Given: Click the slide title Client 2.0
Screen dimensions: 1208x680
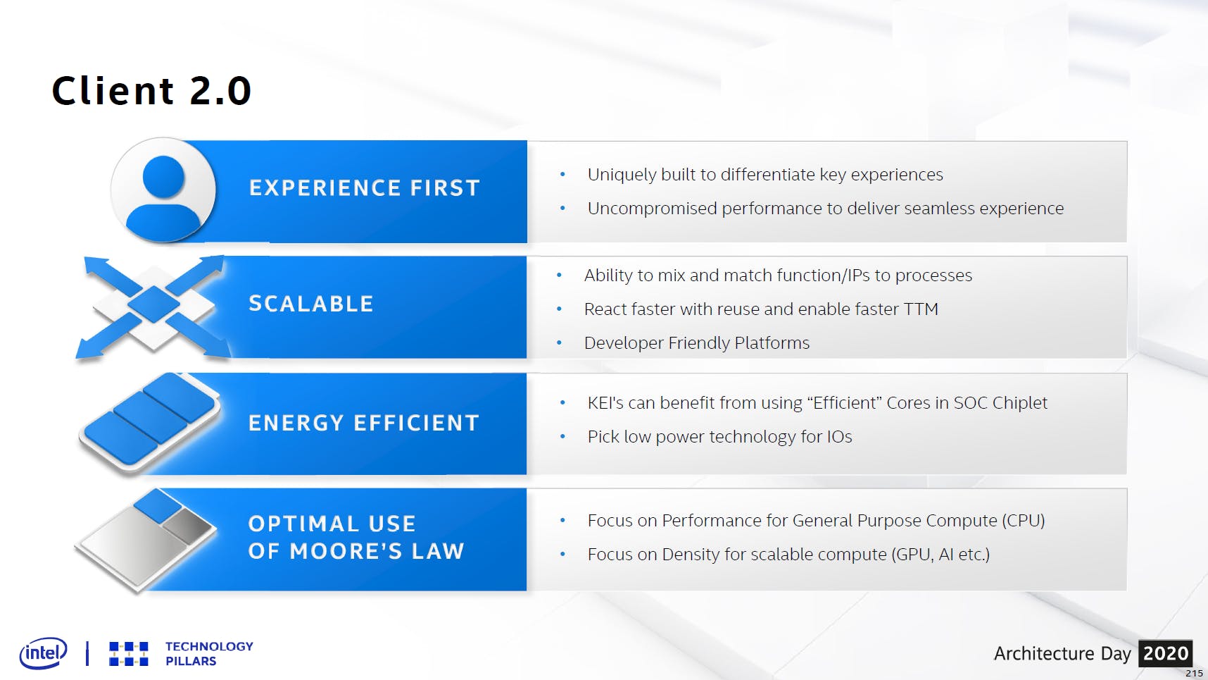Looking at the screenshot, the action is [151, 91].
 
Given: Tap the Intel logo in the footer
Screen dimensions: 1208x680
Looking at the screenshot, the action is [44, 653].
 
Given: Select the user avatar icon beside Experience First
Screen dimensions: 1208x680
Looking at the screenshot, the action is [163, 190].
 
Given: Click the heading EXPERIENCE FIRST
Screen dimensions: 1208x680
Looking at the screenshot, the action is [365, 188].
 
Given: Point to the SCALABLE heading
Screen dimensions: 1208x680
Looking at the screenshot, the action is [311, 304].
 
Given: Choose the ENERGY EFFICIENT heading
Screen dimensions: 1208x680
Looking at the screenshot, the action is [364, 423].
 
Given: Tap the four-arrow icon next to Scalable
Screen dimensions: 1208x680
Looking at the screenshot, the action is [153, 307].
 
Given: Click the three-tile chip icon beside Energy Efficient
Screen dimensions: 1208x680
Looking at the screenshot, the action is [149, 422].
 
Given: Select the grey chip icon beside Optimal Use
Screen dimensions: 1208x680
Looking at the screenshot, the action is [146, 540].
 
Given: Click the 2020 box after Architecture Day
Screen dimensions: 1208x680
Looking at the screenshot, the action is [1166, 653].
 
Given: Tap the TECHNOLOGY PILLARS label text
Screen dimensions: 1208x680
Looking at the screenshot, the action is [209, 653].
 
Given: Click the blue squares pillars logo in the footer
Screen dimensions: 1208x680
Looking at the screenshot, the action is [129, 654].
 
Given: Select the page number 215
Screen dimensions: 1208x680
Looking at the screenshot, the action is [1195, 674].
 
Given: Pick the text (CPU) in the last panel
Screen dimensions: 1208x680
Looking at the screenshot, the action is [1023, 521].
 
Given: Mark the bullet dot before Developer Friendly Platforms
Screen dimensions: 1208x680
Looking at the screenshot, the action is [559, 343].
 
